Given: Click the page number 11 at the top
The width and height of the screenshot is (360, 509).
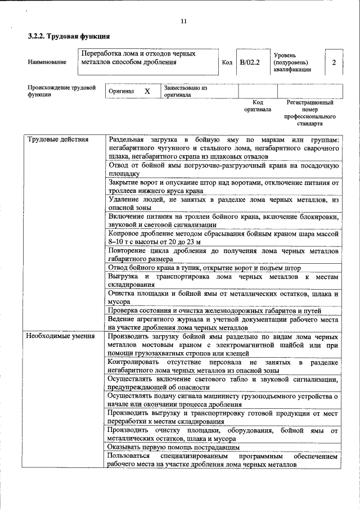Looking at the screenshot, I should [183, 22].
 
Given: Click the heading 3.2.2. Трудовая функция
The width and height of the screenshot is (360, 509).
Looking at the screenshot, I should [69, 37].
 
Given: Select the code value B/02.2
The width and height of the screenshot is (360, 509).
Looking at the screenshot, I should [249, 62].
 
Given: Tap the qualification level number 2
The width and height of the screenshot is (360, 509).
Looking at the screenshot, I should [334, 62].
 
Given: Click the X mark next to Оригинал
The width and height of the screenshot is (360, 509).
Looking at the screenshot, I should [147, 91].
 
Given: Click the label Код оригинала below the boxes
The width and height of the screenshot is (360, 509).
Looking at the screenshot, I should [258, 106].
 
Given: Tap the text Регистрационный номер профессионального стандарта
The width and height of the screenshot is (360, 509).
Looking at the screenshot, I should [310, 112].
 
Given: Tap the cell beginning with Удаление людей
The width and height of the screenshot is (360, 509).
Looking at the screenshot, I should [223, 203].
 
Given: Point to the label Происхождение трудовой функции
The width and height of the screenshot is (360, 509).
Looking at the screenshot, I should [61, 91].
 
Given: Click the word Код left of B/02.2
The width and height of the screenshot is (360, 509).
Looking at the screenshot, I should [227, 62].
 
